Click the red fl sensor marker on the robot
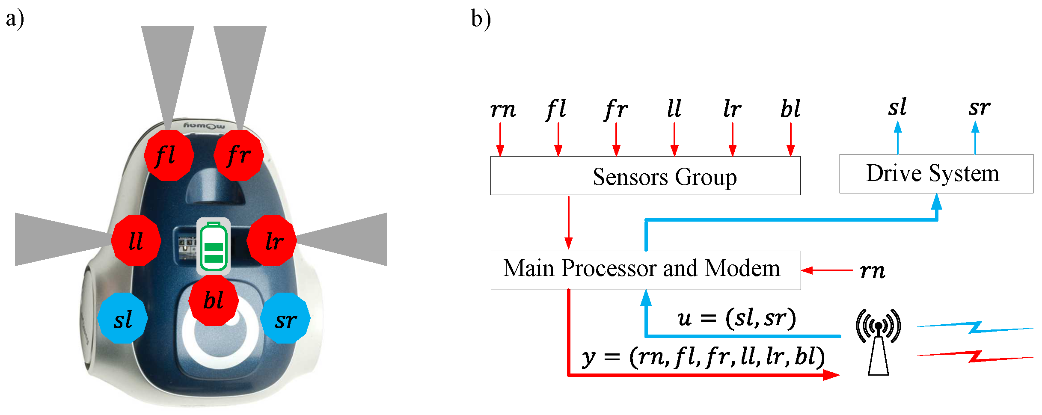coord(169,155)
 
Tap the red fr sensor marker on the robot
coord(238,155)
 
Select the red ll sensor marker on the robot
coord(136,240)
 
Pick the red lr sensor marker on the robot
coord(272,240)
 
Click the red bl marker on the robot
coord(214,300)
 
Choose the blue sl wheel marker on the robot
coord(123,318)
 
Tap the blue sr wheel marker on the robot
coord(285,318)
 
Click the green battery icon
coord(214,246)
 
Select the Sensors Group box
coord(645,176)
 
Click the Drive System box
coord(936,174)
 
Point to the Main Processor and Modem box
coord(645,270)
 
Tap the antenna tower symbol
coord(878,342)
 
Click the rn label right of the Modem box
coord(873,271)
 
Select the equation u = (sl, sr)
coord(736,318)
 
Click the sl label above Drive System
coord(897,107)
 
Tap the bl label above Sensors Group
coord(790,109)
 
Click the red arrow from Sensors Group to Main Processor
coord(568,222)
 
